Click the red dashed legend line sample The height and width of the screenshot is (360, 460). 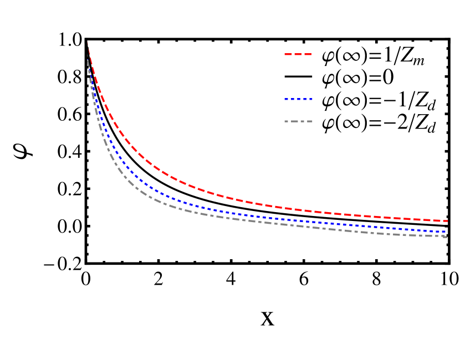coord(298,54)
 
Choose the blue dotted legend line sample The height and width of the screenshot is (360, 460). coord(299,99)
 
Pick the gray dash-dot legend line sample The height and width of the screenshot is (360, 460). coord(298,121)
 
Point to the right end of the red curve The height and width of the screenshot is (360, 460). coord(447,221)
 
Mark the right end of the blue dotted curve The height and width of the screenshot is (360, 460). coord(446,232)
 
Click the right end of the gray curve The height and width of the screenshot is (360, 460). coord(446,237)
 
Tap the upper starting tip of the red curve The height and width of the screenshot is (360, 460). coord(88,44)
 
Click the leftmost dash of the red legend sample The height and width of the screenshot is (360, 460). coord(288,54)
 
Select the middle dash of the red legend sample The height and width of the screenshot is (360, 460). coord(298,54)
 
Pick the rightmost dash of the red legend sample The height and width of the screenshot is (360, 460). coord(308,54)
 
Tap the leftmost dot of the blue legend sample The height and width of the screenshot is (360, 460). coord(286,99)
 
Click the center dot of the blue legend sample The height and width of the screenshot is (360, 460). coord(299,99)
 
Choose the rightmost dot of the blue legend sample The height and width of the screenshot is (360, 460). coord(311,99)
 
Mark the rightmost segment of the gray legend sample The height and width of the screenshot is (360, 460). coord(310,121)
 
